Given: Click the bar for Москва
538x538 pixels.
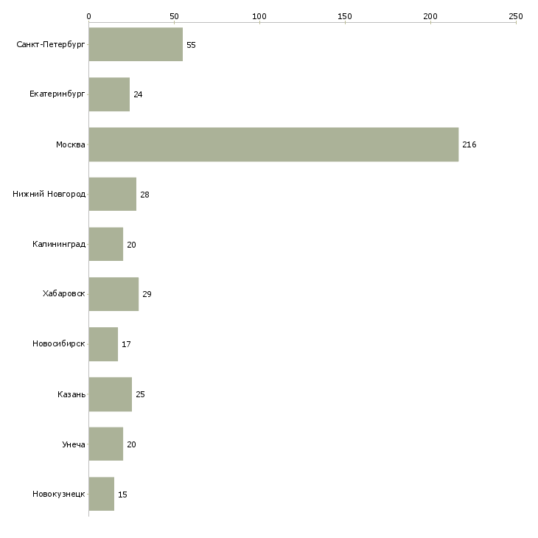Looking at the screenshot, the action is (x=273, y=144).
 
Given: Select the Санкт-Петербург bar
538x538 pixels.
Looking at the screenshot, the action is (x=136, y=44).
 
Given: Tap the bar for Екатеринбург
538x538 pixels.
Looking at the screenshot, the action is (x=109, y=94).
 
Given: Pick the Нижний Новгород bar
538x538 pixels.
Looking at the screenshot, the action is (x=113, y=195).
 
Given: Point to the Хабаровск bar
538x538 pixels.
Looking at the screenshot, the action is (x=113, y=294).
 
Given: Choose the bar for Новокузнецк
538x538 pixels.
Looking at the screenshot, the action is (x=102, y=494).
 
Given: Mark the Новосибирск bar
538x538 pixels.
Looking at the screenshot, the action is (x=103, y=344).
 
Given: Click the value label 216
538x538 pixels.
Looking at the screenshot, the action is (x=469, y=144).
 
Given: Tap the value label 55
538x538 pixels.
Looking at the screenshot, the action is (x=191, y=45).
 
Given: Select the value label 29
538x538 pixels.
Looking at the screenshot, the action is (x=147, y=294).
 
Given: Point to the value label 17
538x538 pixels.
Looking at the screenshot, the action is (x=126, y=344).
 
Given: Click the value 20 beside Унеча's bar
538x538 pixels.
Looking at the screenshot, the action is (x=131, y=444).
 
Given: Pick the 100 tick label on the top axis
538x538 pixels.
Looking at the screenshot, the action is (x=259, y=16).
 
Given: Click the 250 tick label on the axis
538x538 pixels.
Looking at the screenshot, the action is (x=516, y=16).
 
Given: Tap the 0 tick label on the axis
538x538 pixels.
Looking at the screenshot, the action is (x=89, y=16).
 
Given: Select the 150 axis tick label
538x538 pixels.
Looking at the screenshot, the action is (x=344, y=16).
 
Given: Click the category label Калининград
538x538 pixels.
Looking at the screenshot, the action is (x=59, y=244).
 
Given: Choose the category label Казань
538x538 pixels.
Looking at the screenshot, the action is (x=71, y=394).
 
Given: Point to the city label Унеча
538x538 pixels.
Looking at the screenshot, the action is (x=74, y=444).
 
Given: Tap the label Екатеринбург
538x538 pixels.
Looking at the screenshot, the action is (x=57, y=94).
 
